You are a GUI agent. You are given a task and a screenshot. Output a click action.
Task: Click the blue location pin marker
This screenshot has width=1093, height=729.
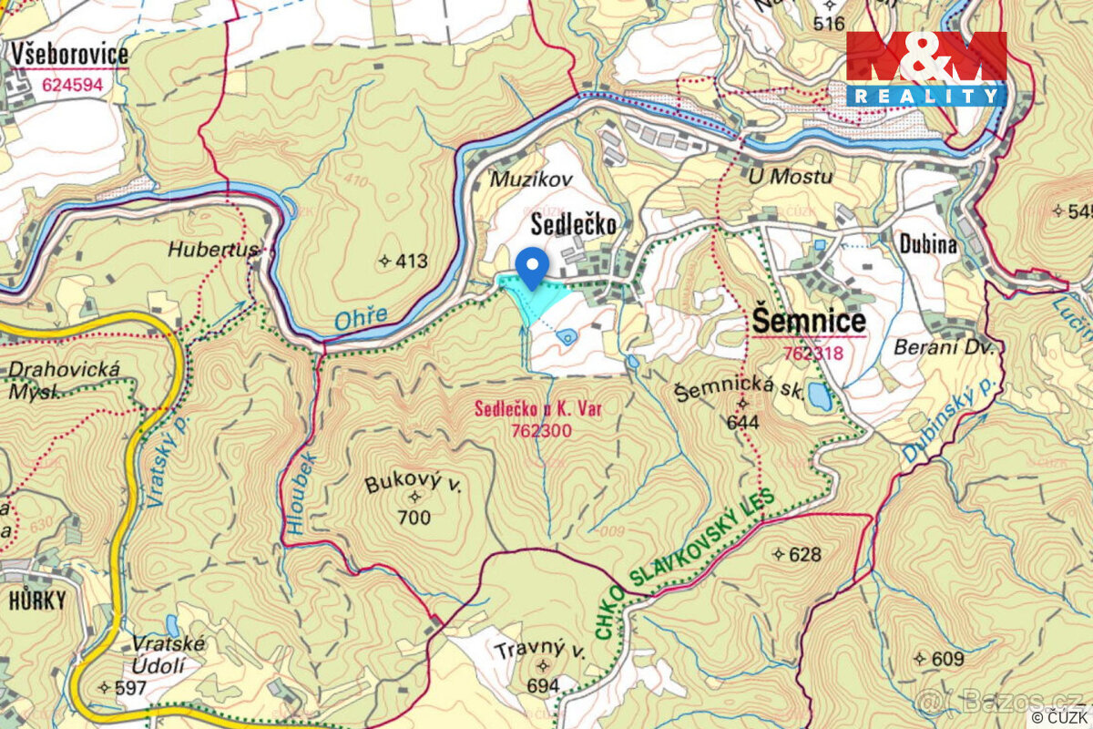(x=531, y=266)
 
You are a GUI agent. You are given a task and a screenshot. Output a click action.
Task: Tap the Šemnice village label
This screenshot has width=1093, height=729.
(x=809, y=322)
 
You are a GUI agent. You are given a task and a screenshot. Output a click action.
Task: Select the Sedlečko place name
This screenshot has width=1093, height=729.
(x=575, y=224)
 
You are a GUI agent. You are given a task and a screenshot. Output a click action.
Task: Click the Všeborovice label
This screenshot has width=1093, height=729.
(x=69, y=55)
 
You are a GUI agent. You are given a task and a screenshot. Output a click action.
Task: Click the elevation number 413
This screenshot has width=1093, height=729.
(x=411, y=262)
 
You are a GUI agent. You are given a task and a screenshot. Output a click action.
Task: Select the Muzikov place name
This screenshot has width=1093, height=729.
(x=532, y=180)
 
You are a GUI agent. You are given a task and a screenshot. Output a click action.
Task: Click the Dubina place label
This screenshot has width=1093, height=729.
(x=927, y=244)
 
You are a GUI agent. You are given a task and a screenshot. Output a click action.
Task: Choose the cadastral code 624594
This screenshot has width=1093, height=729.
(x=72, y=86)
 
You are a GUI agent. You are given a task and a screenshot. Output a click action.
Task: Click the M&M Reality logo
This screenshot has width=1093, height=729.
(x=926, y=68)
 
